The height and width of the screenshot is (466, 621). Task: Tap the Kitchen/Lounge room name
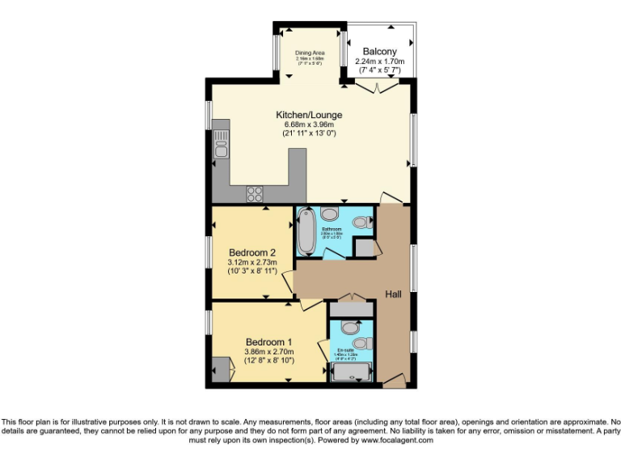309,115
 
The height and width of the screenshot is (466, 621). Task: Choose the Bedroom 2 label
252,251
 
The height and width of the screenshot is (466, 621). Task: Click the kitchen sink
220,149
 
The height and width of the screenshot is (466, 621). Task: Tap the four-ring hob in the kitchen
256,193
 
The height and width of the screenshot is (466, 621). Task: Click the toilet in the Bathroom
331,214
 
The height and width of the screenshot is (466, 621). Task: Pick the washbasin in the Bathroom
362,221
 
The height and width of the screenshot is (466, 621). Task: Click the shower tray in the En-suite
351,373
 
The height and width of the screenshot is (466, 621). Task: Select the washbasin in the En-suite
362,344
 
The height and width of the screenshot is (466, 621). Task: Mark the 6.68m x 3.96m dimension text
309,125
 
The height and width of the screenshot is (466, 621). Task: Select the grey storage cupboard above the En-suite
352,308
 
